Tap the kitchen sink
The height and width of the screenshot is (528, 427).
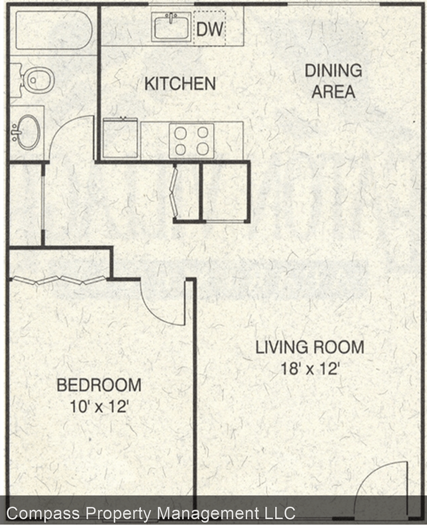(x=171, y=26)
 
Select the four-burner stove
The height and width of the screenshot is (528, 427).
(x=191, y=140)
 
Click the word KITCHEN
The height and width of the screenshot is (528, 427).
(x=179, y=84)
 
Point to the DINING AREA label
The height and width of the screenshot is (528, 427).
(x=333, y=81)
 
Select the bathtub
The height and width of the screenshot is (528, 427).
(x=53, y=31)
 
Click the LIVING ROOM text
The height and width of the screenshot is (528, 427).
(x=309, y=347)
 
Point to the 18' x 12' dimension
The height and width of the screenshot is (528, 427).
(x=309, y=369)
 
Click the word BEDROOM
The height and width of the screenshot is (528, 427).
(x=99, y=385)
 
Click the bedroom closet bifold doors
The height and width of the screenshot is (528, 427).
(x=58, y=280)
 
